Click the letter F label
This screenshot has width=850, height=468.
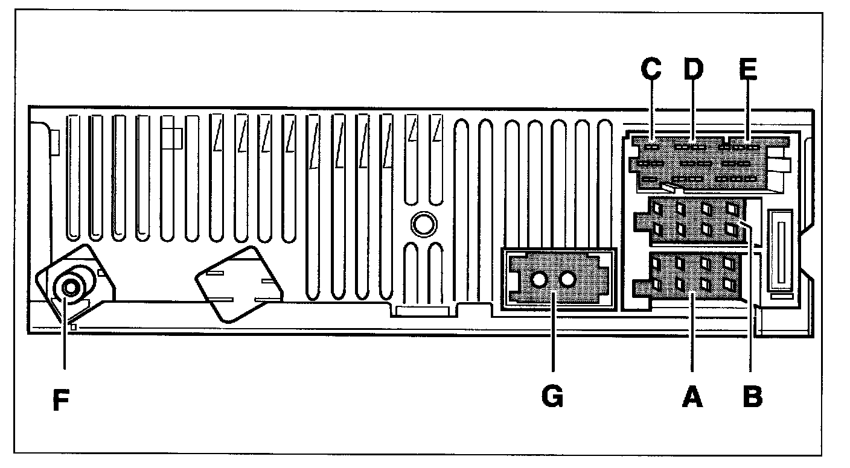(x=60, y=400)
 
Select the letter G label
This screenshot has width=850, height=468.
(x=552, y=397)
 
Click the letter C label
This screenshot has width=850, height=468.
(x=651, y=69)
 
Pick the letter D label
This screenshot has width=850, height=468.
(x=694, y=69)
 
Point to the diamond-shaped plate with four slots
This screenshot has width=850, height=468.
(x=238, y=284)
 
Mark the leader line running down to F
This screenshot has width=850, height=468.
(x=63, y=344)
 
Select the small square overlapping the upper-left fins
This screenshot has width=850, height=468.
(x=171, y=138)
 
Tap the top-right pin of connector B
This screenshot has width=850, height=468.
(x=732, y=209)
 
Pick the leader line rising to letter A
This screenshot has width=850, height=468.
(x=692, y=332)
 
